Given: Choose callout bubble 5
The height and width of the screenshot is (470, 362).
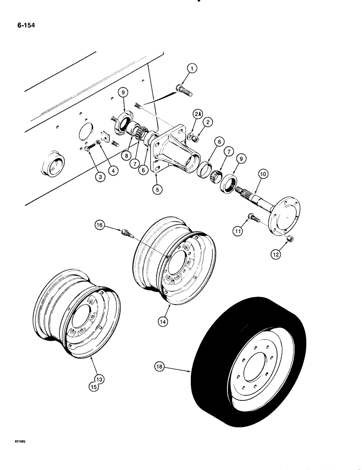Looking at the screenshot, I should tap(156, 190).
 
